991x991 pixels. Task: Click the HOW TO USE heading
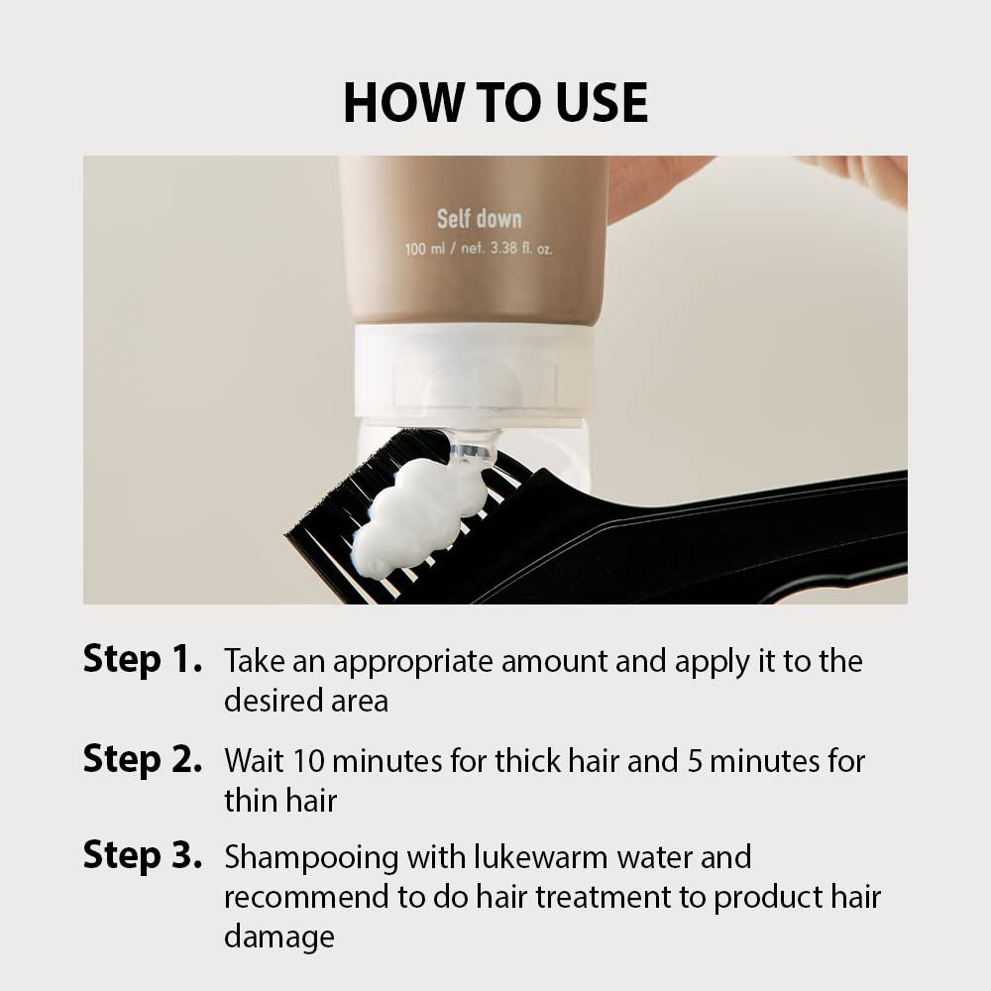(495, 103)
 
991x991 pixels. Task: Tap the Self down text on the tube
(479, 219)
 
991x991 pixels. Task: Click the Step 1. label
(143, 660)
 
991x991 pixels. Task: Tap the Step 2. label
(143, 760)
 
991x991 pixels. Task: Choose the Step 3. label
(143, 856)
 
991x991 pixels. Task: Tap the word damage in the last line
(278, 936)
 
